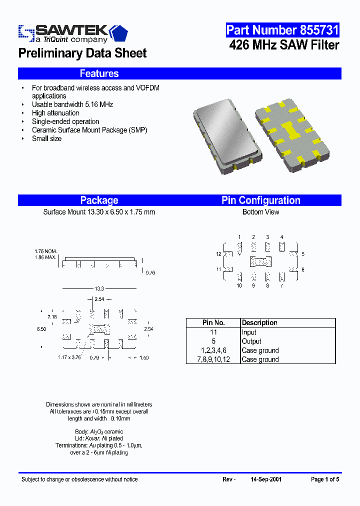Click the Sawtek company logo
[x=73, y=33]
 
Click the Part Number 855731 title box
[x=282, y=30]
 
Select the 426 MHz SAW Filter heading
[x=284, y=45]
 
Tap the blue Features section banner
[x=99, y=73]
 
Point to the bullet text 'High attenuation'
[x=55, y=113]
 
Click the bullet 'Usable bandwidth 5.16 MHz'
[x=72, y=104]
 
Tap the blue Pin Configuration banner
[x=260, y=200]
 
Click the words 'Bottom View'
[x=260, y=212]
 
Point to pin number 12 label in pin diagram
[x=218, y=254]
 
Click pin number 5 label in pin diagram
[x=303, y=254]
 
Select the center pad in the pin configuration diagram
[x=260, y=261]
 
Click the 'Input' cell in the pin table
[x=249, y=332]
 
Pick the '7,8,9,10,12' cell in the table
[x=213, y=359]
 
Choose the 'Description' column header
[x=259, y=323]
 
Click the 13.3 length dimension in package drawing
[x=99, y=288]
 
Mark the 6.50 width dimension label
[x=41, y=329]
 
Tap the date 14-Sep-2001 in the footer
[x=266, y=479]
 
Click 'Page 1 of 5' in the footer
[x=325, y=479]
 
